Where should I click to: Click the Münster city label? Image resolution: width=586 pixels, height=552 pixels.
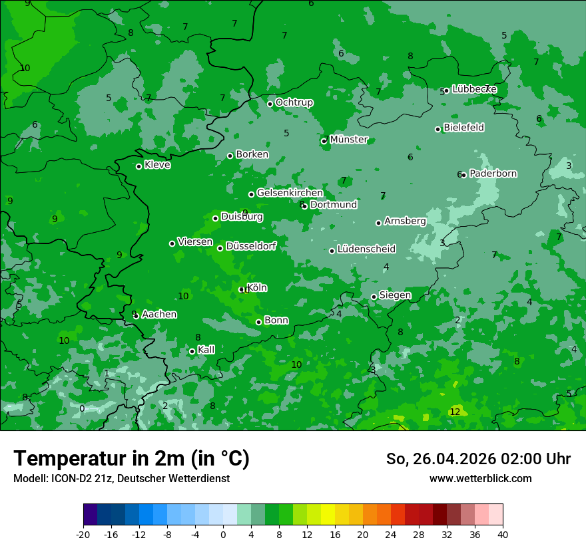pyautogui.click(x=348, y=140)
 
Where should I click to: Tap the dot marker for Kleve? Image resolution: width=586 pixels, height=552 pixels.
pyautogui.click(x=139, y=166)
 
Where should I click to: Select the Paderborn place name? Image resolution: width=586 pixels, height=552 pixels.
pyautogui.click(x=493, y=174)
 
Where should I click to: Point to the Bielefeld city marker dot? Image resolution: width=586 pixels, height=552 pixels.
pyautogui.click(x=438, y=129)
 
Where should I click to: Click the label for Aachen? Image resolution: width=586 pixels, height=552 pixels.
pyautogui.click(x=159, y=315)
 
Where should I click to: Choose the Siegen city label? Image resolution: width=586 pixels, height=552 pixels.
pyautogui.click(x=395, y=295)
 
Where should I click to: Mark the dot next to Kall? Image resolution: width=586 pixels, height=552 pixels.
pyautogui.click(x=192, y=351)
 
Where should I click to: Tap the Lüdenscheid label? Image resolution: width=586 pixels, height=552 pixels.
pyautogui.click(x=366, y=249)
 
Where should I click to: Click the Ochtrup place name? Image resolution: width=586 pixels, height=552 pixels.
pyautogui.click(x=294, y=102)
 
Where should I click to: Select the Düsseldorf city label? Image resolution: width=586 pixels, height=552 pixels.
pyautogui.click(x=251, y=246)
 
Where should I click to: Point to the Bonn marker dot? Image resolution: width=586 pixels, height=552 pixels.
pyautogui.click(x=258, y=322)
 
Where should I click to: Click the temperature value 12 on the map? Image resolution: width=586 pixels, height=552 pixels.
pyautogui.click(x=455, y=412)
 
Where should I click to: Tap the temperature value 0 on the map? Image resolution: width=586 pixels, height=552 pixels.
pyautogui.click(x=82, y=408)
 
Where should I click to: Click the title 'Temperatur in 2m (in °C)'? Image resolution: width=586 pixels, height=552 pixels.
pyautogui.click(x=131, y=458)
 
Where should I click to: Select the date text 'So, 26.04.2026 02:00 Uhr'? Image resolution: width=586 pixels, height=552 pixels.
pyautogui.click(x=478, y=459)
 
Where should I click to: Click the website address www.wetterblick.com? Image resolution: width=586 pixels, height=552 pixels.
pyautogui.click(x=480, y=478)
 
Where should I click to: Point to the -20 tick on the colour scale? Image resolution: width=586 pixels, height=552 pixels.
pyautogui.click(x=83, y=534)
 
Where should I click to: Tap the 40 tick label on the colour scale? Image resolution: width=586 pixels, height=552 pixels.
pyautogui.click(x=502, y=534)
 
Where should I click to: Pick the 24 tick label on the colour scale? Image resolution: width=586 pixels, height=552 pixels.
pyautogui.click(x=390, y=534)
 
